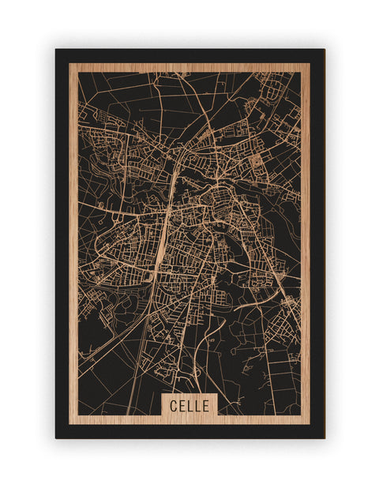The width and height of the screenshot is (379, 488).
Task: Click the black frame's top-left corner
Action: (56, 50)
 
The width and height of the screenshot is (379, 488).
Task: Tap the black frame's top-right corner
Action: (324, 50)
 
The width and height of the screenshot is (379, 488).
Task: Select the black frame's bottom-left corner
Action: (56, 437)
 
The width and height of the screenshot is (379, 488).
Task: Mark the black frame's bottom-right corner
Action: (324, 437)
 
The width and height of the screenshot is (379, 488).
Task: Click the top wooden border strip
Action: (189, 68)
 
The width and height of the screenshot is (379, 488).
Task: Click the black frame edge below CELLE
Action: (189, 431)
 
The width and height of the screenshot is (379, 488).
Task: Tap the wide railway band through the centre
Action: (163, 237)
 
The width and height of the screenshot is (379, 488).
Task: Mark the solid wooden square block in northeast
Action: (256, 160)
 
